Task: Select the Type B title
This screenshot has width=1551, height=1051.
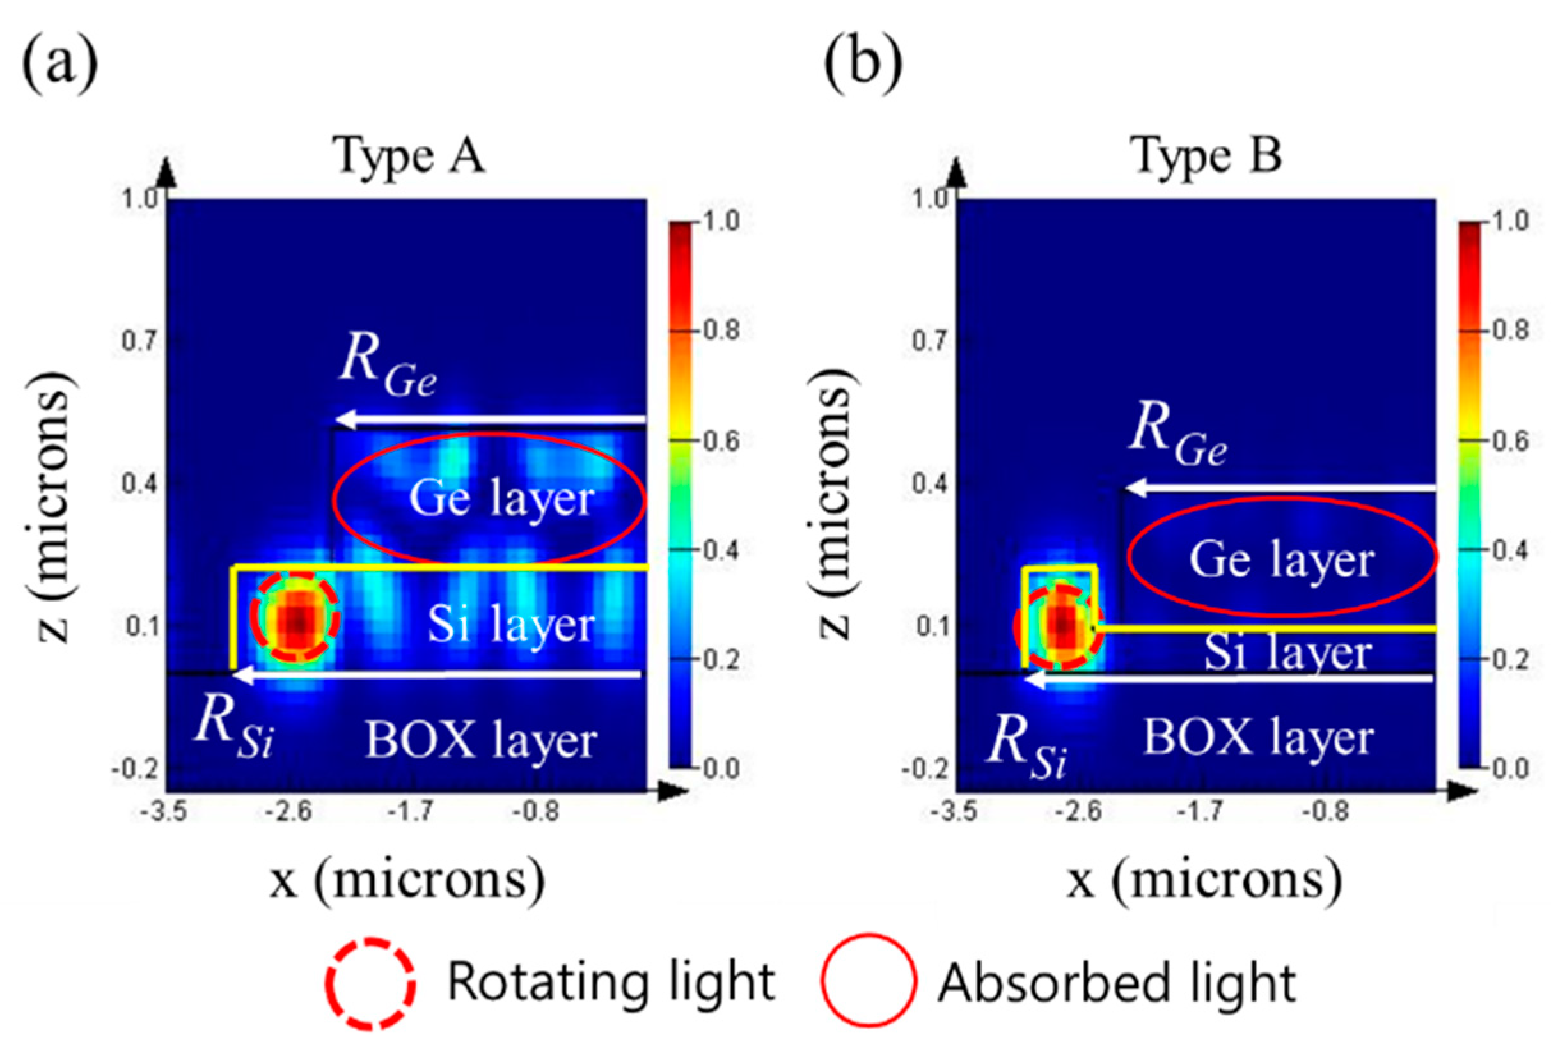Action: [1208, 156]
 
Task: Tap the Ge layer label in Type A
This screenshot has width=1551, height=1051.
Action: [501, 498]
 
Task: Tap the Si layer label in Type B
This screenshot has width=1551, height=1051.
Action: [1287, 652]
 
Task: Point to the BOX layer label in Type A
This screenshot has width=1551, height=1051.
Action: [480, 740]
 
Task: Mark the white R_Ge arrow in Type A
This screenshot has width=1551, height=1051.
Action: [491, 420]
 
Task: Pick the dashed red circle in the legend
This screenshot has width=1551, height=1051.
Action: [371, 983]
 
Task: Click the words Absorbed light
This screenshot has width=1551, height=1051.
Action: [1117, 983]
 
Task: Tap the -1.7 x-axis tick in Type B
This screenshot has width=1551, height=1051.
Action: [1204, 812]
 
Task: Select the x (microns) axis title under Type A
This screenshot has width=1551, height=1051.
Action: [407, 880]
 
